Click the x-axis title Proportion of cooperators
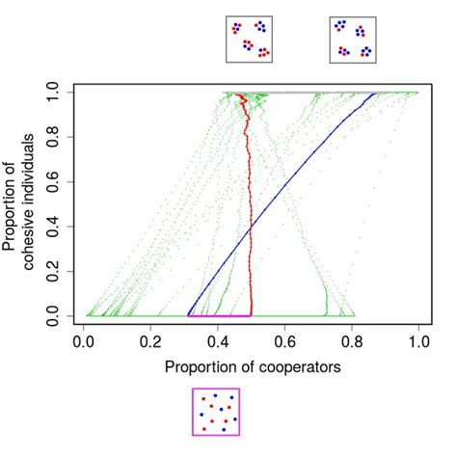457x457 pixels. coord(252,367)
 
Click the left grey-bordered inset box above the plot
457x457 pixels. coord(250,40)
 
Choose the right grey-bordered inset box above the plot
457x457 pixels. coord(353,40)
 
